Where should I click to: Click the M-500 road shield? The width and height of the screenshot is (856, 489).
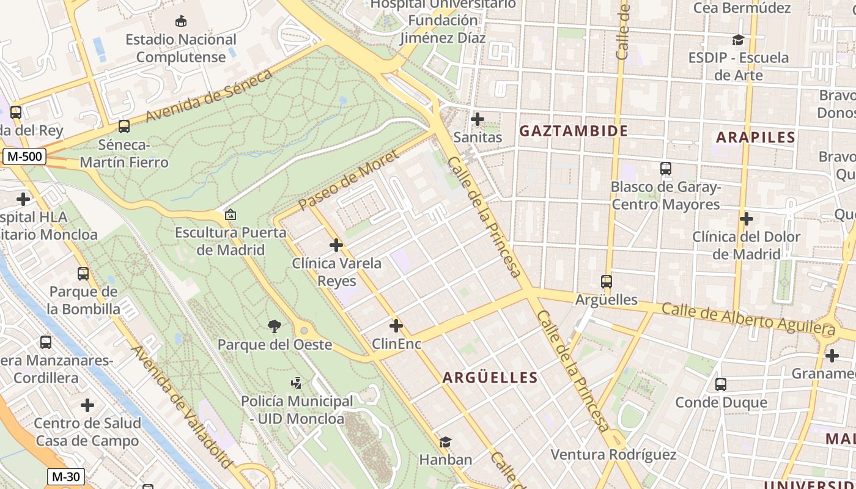point(24,156)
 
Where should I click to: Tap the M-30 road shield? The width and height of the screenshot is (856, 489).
point(65,477)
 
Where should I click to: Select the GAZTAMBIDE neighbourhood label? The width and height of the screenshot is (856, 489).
point(573,131)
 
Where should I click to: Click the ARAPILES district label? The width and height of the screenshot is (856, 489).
point(755,138)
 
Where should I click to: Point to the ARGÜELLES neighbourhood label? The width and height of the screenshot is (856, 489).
point(490,378)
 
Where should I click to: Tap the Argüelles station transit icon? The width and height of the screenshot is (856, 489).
point(607,282)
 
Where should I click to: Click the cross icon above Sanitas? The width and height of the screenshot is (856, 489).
point(478,119)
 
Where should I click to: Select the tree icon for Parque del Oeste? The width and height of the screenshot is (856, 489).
point(275,326)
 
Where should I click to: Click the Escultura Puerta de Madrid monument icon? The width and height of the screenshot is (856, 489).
point(231,215)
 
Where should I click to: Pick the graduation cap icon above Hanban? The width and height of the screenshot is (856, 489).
point(445,442)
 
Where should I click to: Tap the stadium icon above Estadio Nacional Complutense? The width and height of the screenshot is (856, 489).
point(181,21)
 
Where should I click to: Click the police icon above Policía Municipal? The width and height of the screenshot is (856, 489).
point(297,383)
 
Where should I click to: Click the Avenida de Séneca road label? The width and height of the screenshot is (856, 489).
point(208,96)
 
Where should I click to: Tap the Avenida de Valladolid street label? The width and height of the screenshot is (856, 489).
point(182,408)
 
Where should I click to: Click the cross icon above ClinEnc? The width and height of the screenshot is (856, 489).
point(396,326)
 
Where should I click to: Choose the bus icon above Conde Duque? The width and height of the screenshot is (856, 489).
point(721,384)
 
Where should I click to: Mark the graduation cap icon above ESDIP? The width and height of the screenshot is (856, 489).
point(738,40)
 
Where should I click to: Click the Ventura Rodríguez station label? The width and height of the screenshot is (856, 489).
point(613,455)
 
